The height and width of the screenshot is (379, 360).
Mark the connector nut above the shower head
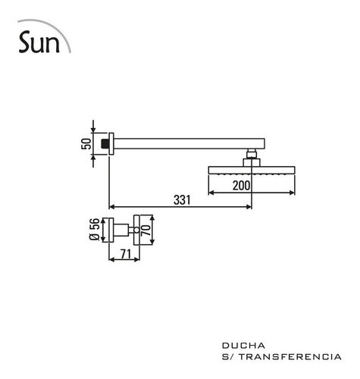tap(251, 159)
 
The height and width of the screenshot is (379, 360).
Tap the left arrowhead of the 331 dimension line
tap(114, 205)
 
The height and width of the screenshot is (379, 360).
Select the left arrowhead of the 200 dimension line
tap(211, 193)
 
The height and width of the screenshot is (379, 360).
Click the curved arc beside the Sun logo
tap(67, 38)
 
